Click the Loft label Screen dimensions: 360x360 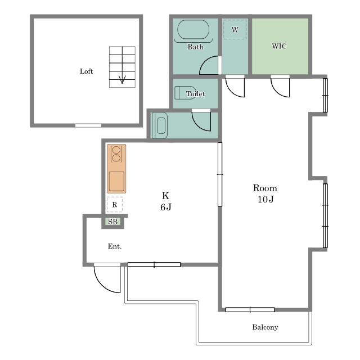tap(86, 71)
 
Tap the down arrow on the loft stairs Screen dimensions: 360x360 tap(122, 80)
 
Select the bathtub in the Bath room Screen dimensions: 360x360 tap(193, 30)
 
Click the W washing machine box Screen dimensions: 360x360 tap(235, 29)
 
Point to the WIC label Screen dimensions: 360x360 tap(279, 46)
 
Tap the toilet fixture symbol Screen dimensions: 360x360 tap(185, 93)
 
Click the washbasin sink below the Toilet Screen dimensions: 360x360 tap(160, 125)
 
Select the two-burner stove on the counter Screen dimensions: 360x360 tap(116, 154)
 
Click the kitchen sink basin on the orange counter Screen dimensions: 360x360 tap(116, 181)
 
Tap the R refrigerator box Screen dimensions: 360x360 tap(115, 204)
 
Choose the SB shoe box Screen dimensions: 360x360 tap(112, 222)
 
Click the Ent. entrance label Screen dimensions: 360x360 tap(115, 246)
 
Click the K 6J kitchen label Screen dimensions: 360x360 tap(166, 201)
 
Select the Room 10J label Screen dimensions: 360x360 tap(265, 193)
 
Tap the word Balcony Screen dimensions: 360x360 tap(265, 327)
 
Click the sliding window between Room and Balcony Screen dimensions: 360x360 tap(250, 310)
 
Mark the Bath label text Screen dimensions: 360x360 tap(195, 47)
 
